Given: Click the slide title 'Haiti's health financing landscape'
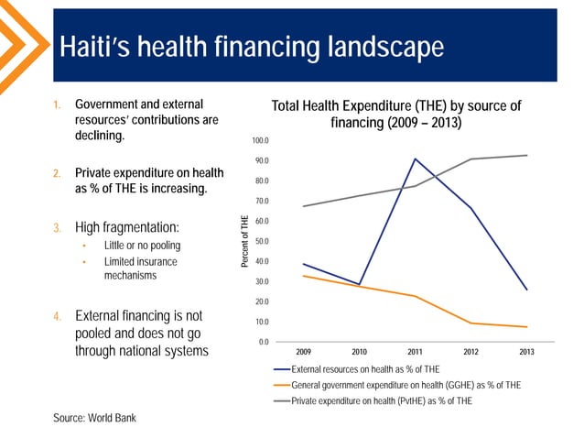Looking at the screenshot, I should pos(251,47).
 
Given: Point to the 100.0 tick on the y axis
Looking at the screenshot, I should pos(261,140).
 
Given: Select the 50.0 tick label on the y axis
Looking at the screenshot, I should pos(261,241).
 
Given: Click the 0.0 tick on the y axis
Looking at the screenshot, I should pos(264,342).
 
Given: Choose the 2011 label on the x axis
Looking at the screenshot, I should pos(415,353).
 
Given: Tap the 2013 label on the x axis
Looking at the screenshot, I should pos(527,353).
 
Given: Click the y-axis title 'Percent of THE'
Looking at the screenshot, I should pos(244,241).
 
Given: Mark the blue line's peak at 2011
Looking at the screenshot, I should pos(415,159).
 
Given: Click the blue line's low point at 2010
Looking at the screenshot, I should pos(359,284).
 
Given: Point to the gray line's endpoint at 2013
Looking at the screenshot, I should pos(527,155).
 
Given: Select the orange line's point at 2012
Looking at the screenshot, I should pos(471,323).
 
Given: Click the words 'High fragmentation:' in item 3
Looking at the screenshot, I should pos(126,226).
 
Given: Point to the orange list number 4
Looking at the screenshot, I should pos(57,317).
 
